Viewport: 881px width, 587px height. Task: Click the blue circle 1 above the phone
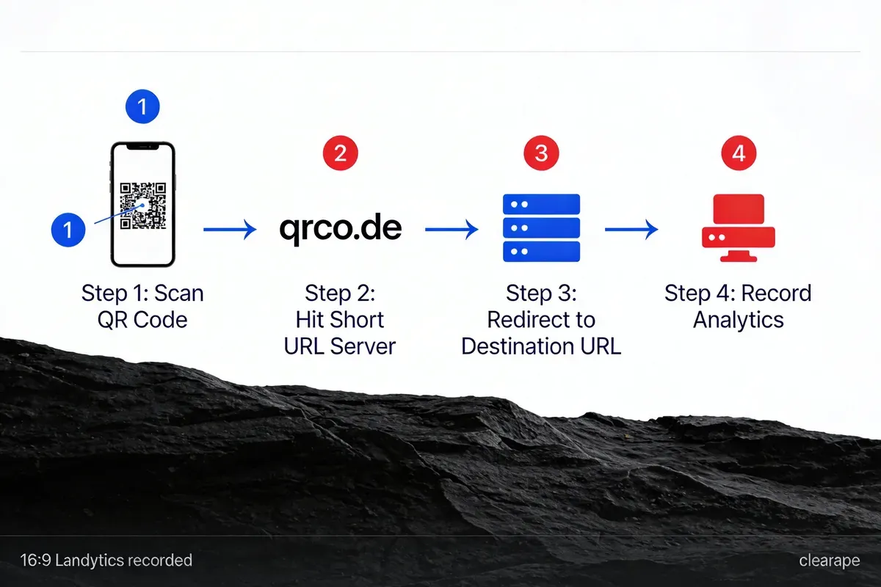(142, 107)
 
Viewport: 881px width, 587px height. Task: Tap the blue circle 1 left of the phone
(68, 230)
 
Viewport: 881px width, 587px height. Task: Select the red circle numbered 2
(340, 153)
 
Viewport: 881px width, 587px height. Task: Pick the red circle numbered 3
(541, 153)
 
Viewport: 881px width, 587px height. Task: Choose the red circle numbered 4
(739, 153)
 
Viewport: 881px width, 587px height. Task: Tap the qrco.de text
(340, 228)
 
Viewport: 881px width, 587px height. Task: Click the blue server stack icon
(541, 227)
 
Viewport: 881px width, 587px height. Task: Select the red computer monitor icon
(739, 228)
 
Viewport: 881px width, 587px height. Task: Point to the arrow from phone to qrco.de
(229, 230)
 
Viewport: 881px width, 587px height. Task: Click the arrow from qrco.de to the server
(451, 230)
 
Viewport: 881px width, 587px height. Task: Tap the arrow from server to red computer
(631, 230)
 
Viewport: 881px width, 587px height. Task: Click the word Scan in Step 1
(180, 293)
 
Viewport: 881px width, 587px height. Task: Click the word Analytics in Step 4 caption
(739, 320)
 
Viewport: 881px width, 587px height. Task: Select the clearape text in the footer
(829, 561)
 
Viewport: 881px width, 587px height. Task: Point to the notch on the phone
(142, 147)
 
